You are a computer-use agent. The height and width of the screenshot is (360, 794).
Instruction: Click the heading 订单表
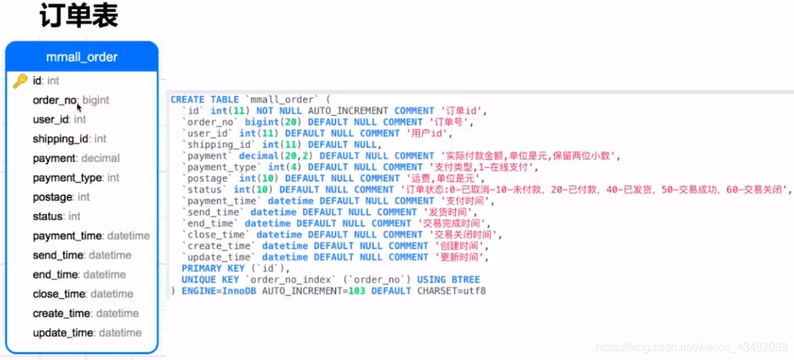tap(79, 15)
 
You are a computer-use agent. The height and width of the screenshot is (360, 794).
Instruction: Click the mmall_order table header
tap(82, 57)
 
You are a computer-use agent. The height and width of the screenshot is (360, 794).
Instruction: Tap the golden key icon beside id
tap(20, 82)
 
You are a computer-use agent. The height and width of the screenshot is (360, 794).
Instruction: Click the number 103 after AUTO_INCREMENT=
tap(356, 291)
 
